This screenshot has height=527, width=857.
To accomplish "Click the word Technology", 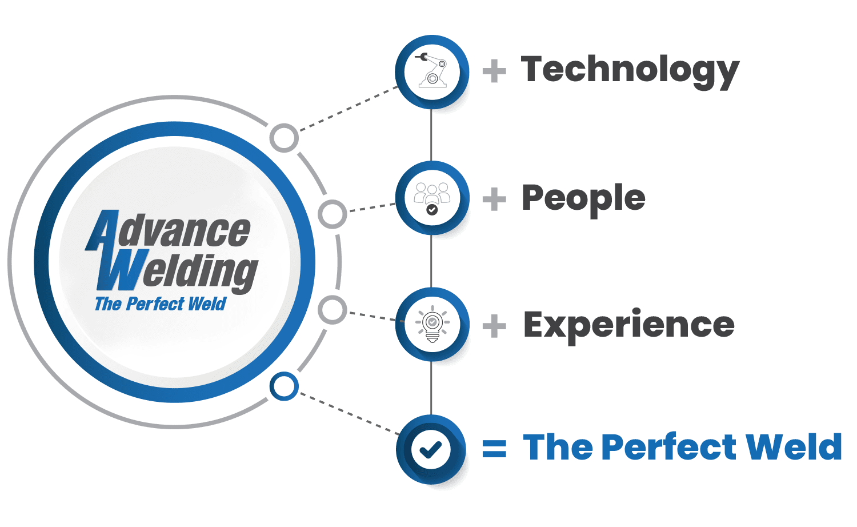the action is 630,71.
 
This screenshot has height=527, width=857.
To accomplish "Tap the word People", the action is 583,199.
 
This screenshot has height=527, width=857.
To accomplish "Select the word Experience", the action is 628,326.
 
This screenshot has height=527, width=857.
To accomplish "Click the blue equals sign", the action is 494,449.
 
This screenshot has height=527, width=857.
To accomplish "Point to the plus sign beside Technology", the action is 494,71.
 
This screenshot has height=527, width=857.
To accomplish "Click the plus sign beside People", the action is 494,199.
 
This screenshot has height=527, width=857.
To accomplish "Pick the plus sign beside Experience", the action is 494,326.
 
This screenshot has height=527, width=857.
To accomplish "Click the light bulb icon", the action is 432,324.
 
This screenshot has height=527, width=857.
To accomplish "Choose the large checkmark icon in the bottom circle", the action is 431,449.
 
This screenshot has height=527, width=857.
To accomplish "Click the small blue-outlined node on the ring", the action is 284,386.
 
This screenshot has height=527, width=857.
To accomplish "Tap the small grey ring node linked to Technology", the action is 284,138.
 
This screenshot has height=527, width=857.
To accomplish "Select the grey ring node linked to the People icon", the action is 333,214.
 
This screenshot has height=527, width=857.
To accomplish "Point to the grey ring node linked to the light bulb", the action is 333,310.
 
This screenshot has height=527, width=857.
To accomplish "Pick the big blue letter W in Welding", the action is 122,269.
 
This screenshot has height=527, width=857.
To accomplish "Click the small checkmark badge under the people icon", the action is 432,210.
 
